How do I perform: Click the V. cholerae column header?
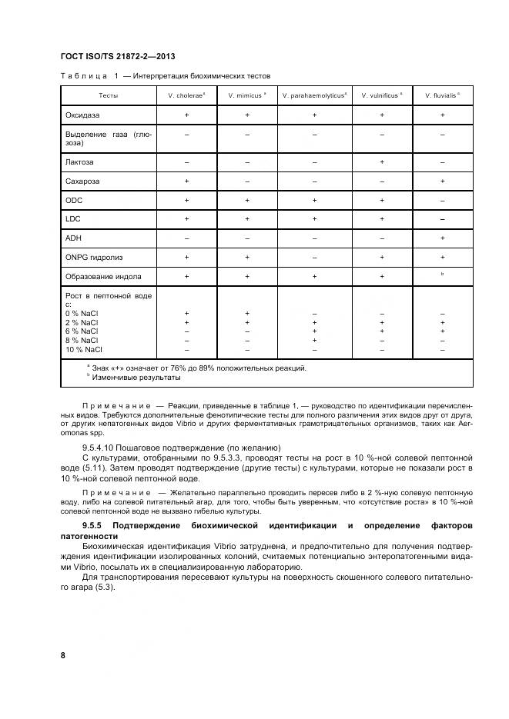click(x=186, y=96)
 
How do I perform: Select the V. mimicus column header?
click(x=247, y=96)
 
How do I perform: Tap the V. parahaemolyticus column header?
click(x=314, y=96)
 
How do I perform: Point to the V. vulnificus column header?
click(x=381, y=96)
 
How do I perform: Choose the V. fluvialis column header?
click(x=442, y=96)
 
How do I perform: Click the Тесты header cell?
click(x=109, y=96)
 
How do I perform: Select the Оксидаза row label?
click(x=83, y=115)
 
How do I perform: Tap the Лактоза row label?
click(x=80, y=162)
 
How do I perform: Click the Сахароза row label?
click(x=83, y=181)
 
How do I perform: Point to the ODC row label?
click(x=75, y=201)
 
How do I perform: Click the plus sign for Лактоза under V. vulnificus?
click(x=381, y=162)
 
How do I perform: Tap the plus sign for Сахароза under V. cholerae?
click(x=186, y=181)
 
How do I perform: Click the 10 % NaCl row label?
click(x=84, y=349)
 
